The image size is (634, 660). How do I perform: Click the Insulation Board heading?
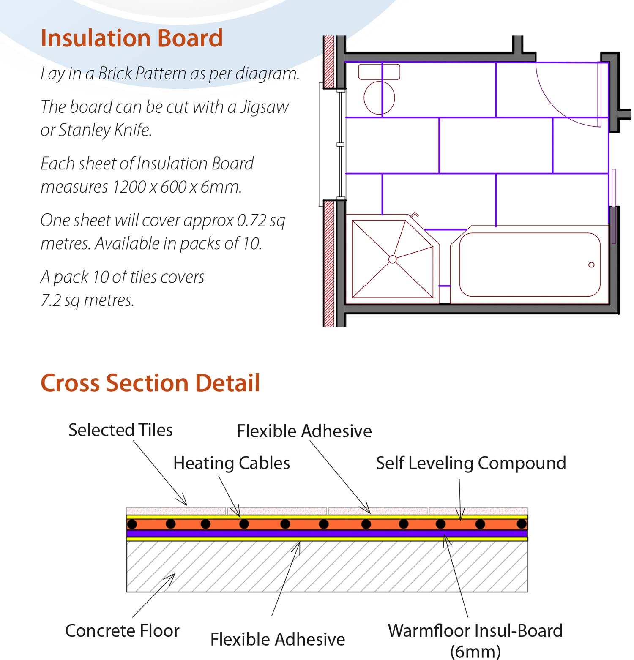tap(131, 38)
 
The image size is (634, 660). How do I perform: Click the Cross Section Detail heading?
tap(150, 383)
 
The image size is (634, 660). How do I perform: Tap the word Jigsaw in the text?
tap(264, 107)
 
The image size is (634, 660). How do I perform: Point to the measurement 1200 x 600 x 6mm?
tap(177, 186)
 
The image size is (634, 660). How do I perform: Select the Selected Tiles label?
tap(120, 430)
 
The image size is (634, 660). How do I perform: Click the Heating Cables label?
tap(232, 463)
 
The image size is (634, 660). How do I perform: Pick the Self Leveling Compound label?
tap(471, 463)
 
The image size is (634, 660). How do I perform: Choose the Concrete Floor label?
tap(122, 631)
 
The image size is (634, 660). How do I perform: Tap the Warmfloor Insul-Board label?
tap(475, 631)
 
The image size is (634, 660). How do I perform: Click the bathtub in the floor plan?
tap(529, 265)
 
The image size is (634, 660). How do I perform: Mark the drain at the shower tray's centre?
tap(392, 259)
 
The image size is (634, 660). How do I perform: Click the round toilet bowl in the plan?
tap(379, 98)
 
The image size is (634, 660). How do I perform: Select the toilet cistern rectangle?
tap(379, 72)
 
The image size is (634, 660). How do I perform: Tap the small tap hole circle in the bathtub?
tap(591, 265)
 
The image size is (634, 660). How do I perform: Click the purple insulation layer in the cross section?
tap(327, 534)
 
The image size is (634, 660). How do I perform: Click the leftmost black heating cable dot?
tap(132, 524)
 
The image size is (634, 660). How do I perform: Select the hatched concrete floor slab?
tap(327, 567)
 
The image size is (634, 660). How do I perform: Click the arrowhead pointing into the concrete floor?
tap(172, 575)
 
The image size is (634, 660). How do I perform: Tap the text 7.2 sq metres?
tap(87, 300)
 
